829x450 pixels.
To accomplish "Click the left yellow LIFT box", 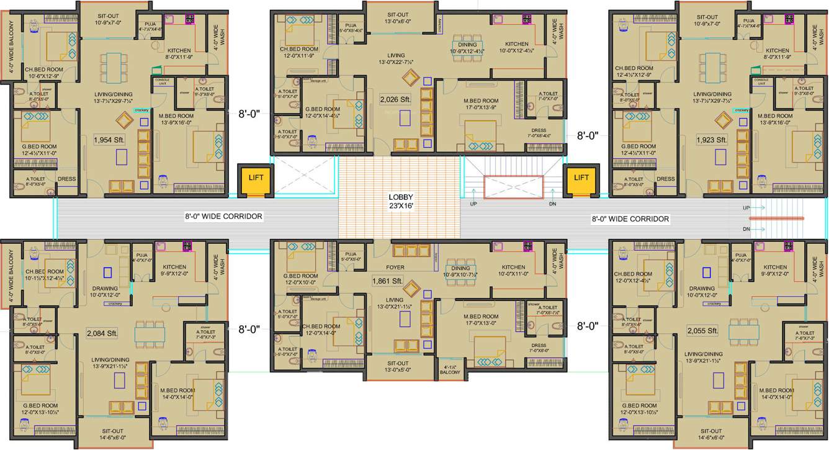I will pyautogui.click(x=256, y=179).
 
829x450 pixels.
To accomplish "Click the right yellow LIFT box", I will pyautogui.click(x=581, y=179).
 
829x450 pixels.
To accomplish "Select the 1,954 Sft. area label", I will pyautogui.click(x=110, y=140).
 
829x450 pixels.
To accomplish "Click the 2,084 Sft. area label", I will pyautogui.click(x=103, y=333).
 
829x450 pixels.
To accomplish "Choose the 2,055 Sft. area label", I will pyautogui.click(x=702, y=331).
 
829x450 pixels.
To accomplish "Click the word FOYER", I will pyautogui.click(x=395, y=268).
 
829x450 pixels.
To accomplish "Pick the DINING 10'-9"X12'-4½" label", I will pyautogui.click(x=468, y=48).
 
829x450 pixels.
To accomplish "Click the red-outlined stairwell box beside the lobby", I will pyautogui.click(x=513, y=187).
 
